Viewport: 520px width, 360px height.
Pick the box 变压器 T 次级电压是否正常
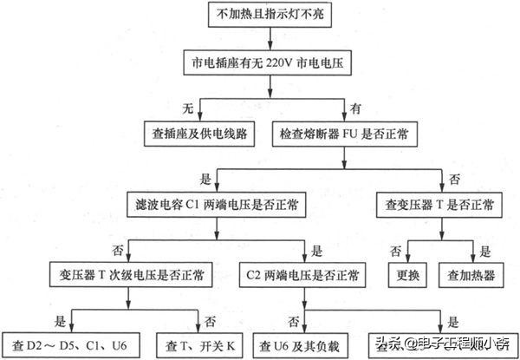127,275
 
